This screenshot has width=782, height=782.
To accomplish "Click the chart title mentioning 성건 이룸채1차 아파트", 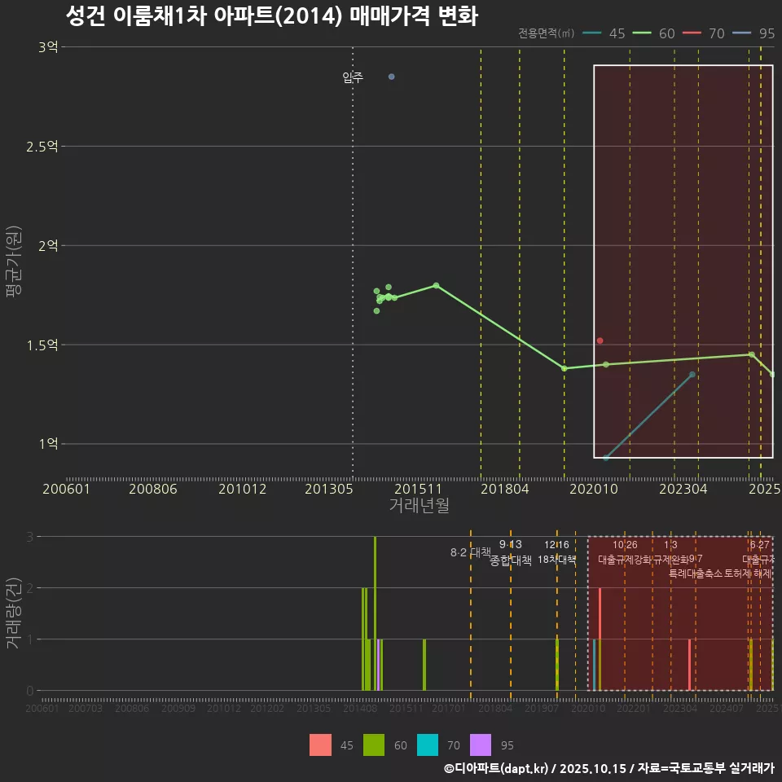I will coord(271,15).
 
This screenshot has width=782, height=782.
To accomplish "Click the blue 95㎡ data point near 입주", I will coord(391,77).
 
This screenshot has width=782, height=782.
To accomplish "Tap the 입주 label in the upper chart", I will coord(353,78).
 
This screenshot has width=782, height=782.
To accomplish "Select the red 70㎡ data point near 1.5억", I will coord(600,340).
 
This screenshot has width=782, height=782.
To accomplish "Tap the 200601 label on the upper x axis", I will coord(66,489).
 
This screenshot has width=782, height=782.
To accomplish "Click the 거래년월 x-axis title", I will coord(419,506).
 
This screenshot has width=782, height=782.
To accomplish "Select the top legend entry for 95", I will coord(754,33).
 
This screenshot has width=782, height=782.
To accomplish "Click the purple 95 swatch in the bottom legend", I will coord(481,745).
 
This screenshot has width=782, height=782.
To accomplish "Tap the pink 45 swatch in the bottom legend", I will coord(320,745).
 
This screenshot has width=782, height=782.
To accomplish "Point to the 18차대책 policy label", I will coord(556,560).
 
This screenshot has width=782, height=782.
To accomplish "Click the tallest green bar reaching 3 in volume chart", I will coord(375,613).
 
